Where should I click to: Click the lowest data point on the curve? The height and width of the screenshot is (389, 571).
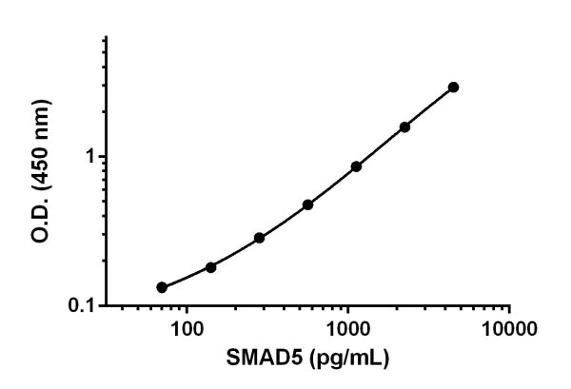point(162,287)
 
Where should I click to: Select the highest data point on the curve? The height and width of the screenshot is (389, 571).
point(453,87)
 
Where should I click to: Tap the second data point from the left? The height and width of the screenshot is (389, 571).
point(210,267)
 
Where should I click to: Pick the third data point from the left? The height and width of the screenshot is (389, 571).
point(259,238)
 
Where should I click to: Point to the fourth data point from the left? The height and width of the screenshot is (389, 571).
point(307,204)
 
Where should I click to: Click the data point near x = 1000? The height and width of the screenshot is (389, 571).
point(356,166)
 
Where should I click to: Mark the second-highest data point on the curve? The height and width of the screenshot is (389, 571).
point(404,126)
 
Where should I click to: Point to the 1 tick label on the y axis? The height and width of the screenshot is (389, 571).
point(91,156)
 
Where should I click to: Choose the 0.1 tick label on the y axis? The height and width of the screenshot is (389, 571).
point(87,306)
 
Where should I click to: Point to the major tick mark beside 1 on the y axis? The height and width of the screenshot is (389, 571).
point(102,156)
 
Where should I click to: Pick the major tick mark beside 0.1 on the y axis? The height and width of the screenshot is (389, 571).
point(102,306)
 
